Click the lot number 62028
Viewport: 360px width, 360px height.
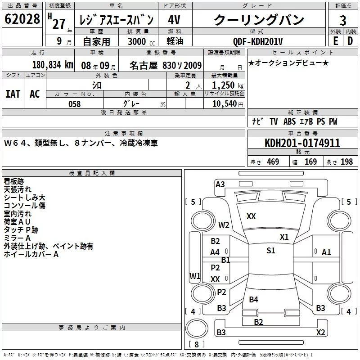22,20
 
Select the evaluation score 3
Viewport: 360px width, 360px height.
343,21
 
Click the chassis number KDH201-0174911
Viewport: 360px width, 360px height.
302,144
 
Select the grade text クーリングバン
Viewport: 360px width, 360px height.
259,20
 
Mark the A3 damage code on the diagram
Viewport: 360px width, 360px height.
220,184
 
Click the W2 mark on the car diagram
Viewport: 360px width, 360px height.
224,225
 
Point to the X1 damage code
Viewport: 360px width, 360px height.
284,237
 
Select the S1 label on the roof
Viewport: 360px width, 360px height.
271,251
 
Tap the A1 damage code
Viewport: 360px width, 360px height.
326,252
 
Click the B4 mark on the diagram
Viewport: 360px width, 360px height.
254,299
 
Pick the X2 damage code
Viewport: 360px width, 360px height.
320,333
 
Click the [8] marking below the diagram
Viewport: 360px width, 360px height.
196,345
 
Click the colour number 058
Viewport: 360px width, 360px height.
74,104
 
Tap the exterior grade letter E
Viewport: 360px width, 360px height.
335,41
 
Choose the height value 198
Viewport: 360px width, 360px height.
347,162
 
